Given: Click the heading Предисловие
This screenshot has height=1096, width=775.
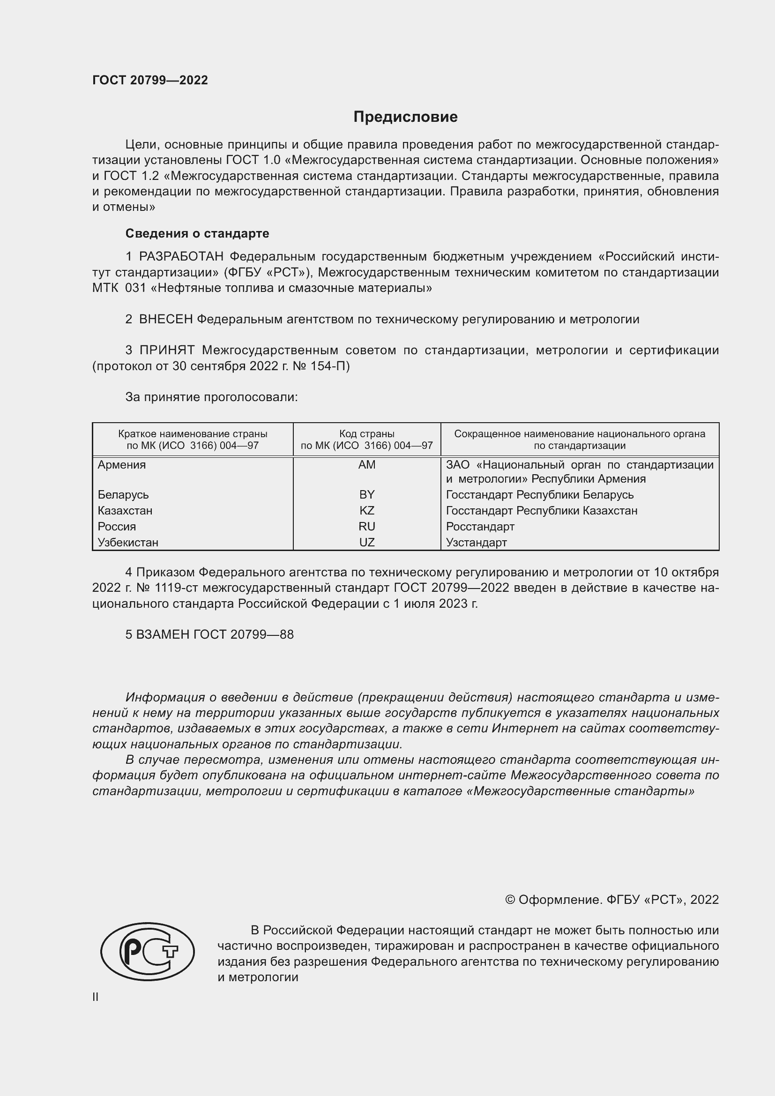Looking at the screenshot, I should pyautogui.click(x=405, y=117).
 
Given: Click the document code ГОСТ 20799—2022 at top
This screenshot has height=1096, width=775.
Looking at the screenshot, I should pyautogui.click(x=150, y=80).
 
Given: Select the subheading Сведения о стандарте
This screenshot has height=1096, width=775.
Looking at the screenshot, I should pyautogui.click(x=197, y=233).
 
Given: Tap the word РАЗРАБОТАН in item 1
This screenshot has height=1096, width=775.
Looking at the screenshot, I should pyautogui.click(x=181, y=257).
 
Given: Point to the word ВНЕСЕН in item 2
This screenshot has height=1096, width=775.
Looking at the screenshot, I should pyautogui.click(x=165, y=320).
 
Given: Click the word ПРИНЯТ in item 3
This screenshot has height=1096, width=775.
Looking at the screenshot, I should pyautogui.click(x=167, y=350).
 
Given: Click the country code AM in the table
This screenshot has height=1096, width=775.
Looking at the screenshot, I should pyautogui.click(x=366, y=464).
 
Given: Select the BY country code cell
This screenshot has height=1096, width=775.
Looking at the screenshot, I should pyautogui.click(x=366, y=494).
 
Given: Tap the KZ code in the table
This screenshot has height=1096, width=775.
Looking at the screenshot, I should pyautogui.click(x=366, y=510).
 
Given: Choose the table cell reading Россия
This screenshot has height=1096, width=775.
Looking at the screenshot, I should pyautogui.click(x=117, y=527).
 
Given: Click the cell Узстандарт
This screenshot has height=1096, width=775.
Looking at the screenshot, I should pyautogui.click(x=476, y=542).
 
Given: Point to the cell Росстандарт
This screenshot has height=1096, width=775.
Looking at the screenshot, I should pyautogui.click(x=480, y=527).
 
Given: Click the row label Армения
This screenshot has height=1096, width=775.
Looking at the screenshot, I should pyautogui.click(x=122, y=464).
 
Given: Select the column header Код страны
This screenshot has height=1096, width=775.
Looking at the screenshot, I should pyautogui.click(x=366, y=434).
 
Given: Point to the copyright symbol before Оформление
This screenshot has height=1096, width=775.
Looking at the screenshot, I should pyautogui.click(x=510, y=900).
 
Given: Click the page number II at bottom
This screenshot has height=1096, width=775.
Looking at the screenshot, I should pyautogui.click(x=96, y=997).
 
